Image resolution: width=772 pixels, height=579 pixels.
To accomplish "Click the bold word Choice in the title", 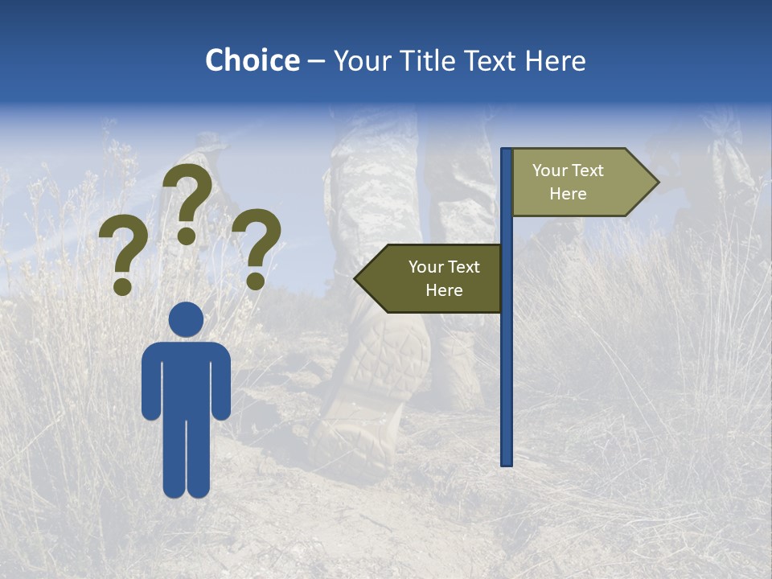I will click(x=252, y=60).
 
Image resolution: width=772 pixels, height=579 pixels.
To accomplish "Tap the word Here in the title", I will click(x=555, y=60).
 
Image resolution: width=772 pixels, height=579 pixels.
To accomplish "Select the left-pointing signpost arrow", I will click(x=434, y=278).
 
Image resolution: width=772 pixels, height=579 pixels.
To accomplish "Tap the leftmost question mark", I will click(x=122, y=249).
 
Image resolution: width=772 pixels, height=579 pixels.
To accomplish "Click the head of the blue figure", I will click(x=186, y=319).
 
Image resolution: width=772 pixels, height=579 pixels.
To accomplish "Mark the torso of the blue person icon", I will click(x=186, y=378).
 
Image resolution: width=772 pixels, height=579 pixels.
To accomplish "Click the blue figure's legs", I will click(x=186, y=458).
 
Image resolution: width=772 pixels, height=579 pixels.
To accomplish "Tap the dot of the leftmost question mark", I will click(x=122, y=286).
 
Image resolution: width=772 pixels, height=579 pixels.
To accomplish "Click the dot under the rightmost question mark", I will click(x=256, y=281).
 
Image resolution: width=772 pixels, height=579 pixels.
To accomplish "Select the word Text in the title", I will click(x=494, y=60).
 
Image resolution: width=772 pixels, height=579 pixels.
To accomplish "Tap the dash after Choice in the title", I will click(x=316, y=62).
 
